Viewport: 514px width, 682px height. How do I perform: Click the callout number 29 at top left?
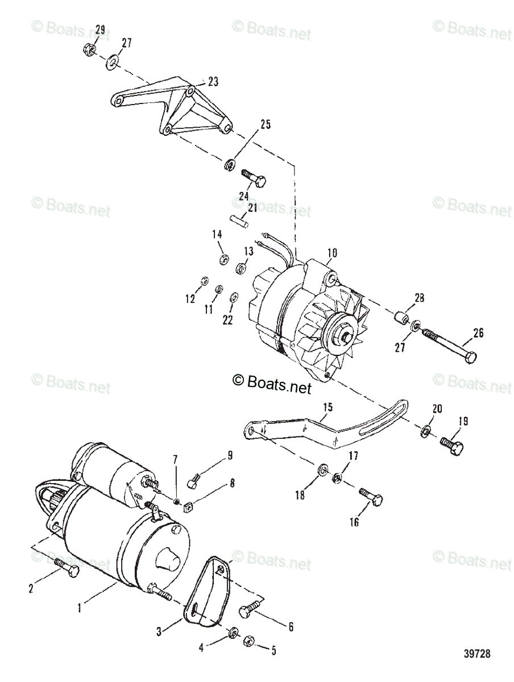point(100,29)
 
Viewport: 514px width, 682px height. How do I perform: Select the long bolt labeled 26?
point(449,347)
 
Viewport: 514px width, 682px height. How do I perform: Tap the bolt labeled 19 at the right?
point(453,442)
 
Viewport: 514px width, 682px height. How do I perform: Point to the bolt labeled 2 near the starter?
point(67,566)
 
